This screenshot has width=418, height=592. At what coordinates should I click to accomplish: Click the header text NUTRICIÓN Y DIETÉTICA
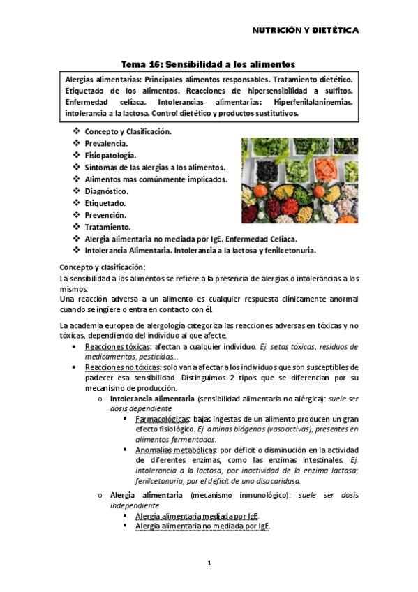click(305, 31)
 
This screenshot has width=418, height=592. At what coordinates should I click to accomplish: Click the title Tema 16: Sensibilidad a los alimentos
click(209, 64)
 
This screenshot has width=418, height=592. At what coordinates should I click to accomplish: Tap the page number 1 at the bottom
click(209, 563)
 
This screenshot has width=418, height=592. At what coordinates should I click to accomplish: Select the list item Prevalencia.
click(105, 143)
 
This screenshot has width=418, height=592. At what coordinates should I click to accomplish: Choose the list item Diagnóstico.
click(106, 191)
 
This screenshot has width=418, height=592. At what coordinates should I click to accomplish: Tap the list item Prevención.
click(105, 215)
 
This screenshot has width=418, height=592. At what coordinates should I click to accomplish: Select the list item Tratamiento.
click(107, 227)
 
